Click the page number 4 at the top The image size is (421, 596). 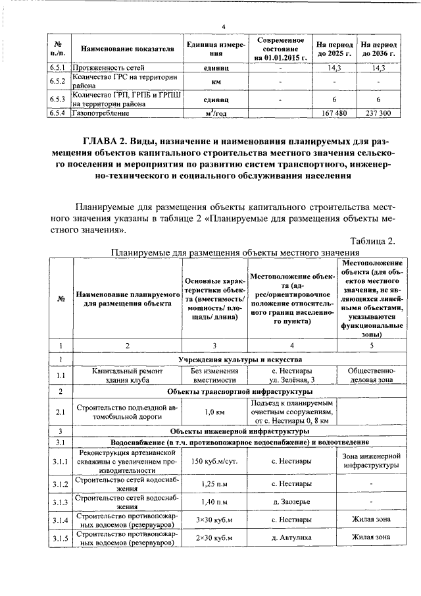[224, 26]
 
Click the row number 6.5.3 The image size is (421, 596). [58, 99]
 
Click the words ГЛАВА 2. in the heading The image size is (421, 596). [107, 141]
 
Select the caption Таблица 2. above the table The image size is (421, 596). [372, 240]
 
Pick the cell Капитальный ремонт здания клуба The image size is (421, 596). [124, 375]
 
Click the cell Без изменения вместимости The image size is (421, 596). [214, 375]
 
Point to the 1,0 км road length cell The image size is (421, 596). [214, 412]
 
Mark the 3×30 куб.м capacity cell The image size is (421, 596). [214, 520]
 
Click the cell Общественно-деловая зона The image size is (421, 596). [372, 375]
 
